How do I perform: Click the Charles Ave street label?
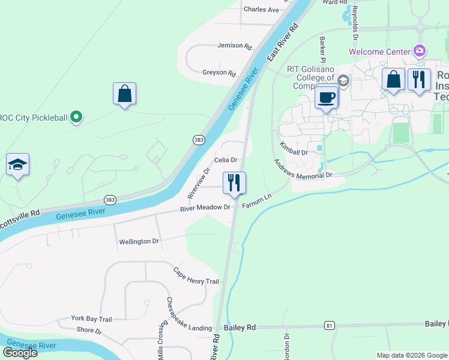[x=261, y=10]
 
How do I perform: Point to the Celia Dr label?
[x=227, y=160]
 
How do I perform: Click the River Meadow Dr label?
[x=206, y=208]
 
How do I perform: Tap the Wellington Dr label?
[x=139, y=241]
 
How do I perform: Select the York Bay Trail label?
[x=91, y=319]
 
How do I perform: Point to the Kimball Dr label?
[x=294, y=149]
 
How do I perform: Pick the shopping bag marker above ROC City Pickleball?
[x=124, y=94]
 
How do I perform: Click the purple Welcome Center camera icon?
[x=420, y=51]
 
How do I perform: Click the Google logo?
[x=20, y=353]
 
